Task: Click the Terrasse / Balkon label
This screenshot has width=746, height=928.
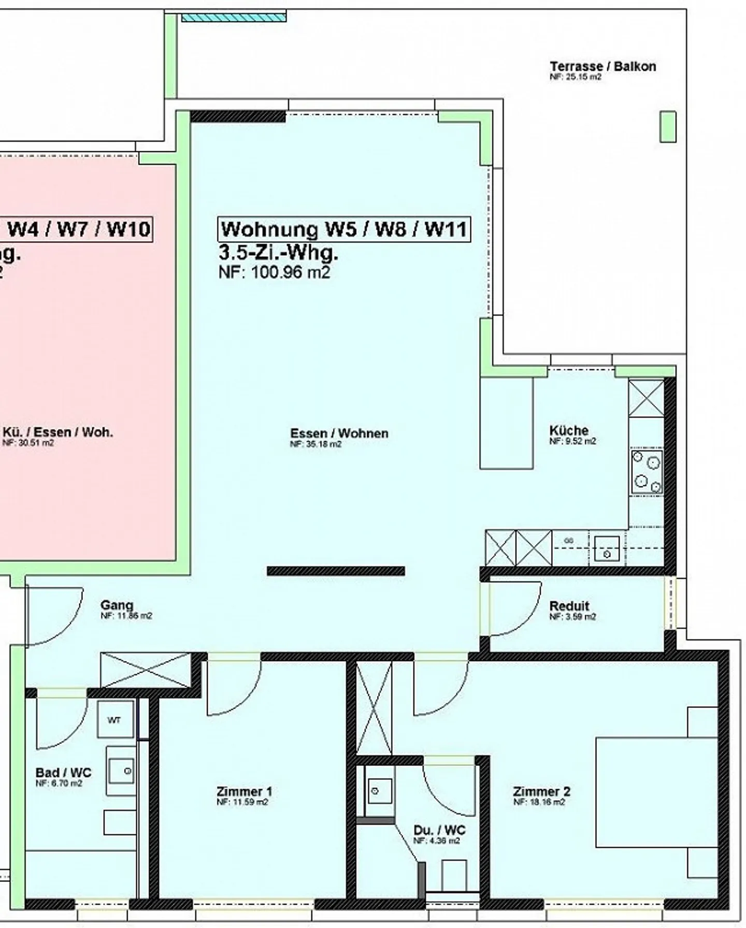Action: click(602, 66)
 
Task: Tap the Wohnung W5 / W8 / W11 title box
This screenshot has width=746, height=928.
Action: click(344, 229)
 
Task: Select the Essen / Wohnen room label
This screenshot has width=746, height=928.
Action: click(339, 433)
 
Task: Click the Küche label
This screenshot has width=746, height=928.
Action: click(569, 430)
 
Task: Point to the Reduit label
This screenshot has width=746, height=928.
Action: click(569, 605)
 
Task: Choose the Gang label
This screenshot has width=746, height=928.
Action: click(117, 604)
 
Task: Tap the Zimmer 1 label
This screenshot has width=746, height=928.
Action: click(244, 791)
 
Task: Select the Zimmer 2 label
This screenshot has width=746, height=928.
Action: click(541, 791)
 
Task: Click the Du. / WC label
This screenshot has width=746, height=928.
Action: click(439, 830)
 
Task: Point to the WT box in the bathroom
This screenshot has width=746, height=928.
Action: click(114, 720)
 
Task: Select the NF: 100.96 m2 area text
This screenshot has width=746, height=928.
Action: click(274, 272)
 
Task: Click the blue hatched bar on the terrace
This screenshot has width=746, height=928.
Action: click(233, 18)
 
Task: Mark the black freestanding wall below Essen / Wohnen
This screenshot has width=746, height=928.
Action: click(336, 571)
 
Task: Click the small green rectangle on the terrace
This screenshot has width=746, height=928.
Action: click(668, 126)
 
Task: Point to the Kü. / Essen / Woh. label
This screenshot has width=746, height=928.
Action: click(58, 432)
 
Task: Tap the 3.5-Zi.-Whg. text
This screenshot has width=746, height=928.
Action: click(278, 253)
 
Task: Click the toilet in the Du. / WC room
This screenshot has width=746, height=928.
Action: click(454, 875)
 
